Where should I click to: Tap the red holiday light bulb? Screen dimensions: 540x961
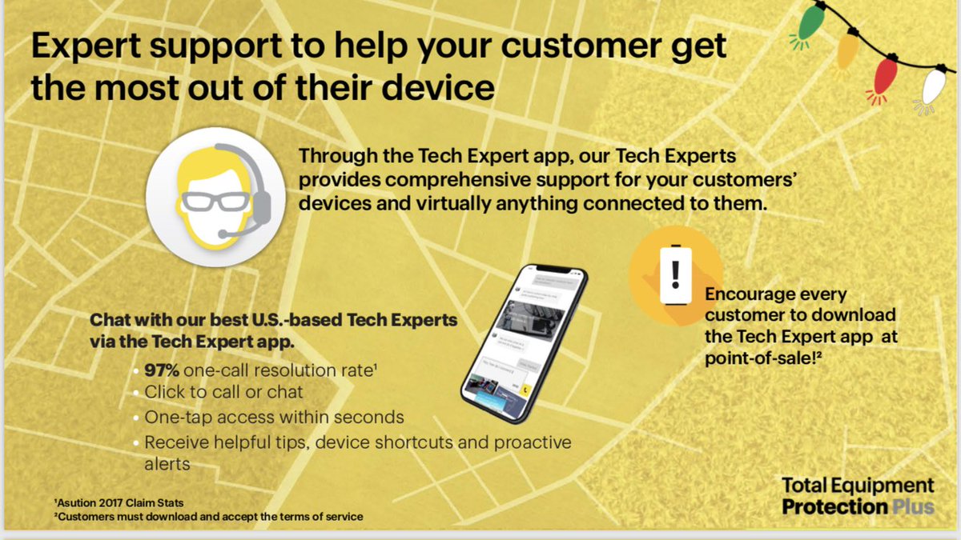pos(884,77)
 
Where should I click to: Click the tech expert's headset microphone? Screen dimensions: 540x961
pos(230,233)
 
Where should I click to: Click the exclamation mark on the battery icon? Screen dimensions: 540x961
pos(675,274)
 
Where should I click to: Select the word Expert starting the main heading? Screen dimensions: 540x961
pos(89,47)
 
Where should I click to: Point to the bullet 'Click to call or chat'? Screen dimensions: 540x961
pos(223,392)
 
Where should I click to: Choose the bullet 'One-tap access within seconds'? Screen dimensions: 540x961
pos(274,417)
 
